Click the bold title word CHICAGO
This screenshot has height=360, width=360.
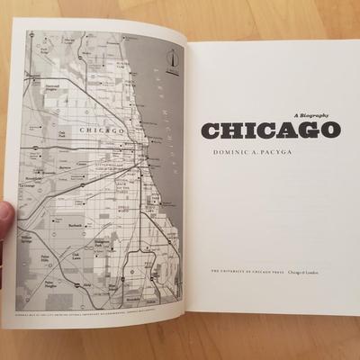click(270, 130)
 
